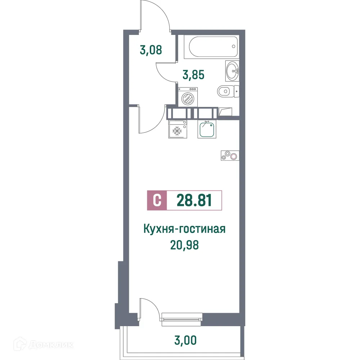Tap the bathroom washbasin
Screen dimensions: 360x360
click(x=232, y=71)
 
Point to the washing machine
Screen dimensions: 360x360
click(x=188, y=97)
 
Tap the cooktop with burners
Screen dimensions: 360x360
click(x=230, y=156)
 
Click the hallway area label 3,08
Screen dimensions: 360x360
click(x=151, y=50)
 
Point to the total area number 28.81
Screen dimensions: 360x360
click(x=194, y=201)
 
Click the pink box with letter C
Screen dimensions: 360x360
click(x=157, y=201)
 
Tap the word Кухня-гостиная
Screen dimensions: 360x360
click(x=184, y=229)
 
